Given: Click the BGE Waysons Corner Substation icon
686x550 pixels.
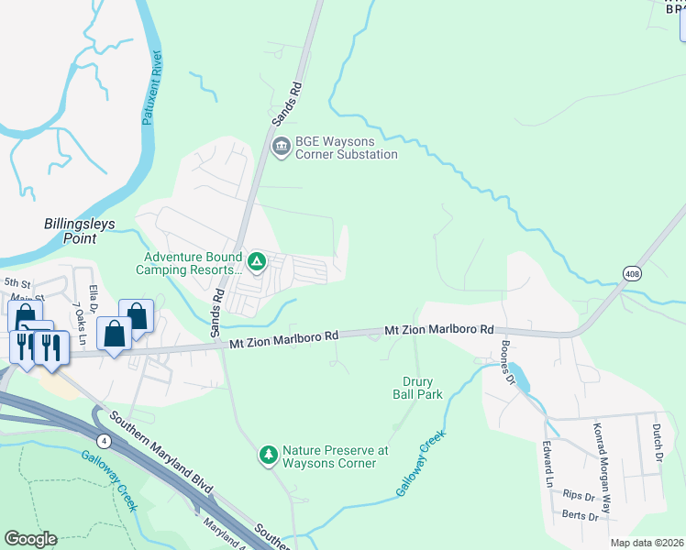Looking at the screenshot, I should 280,143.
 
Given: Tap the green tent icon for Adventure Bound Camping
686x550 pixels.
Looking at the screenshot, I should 258,262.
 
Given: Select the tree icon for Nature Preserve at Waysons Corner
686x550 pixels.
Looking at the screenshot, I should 268,456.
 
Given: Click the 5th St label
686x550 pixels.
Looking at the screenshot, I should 17,283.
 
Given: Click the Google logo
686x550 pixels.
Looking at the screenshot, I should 30,539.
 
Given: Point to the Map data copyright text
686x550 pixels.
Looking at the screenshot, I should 646,543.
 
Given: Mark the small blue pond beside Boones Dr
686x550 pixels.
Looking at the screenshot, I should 516,376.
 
